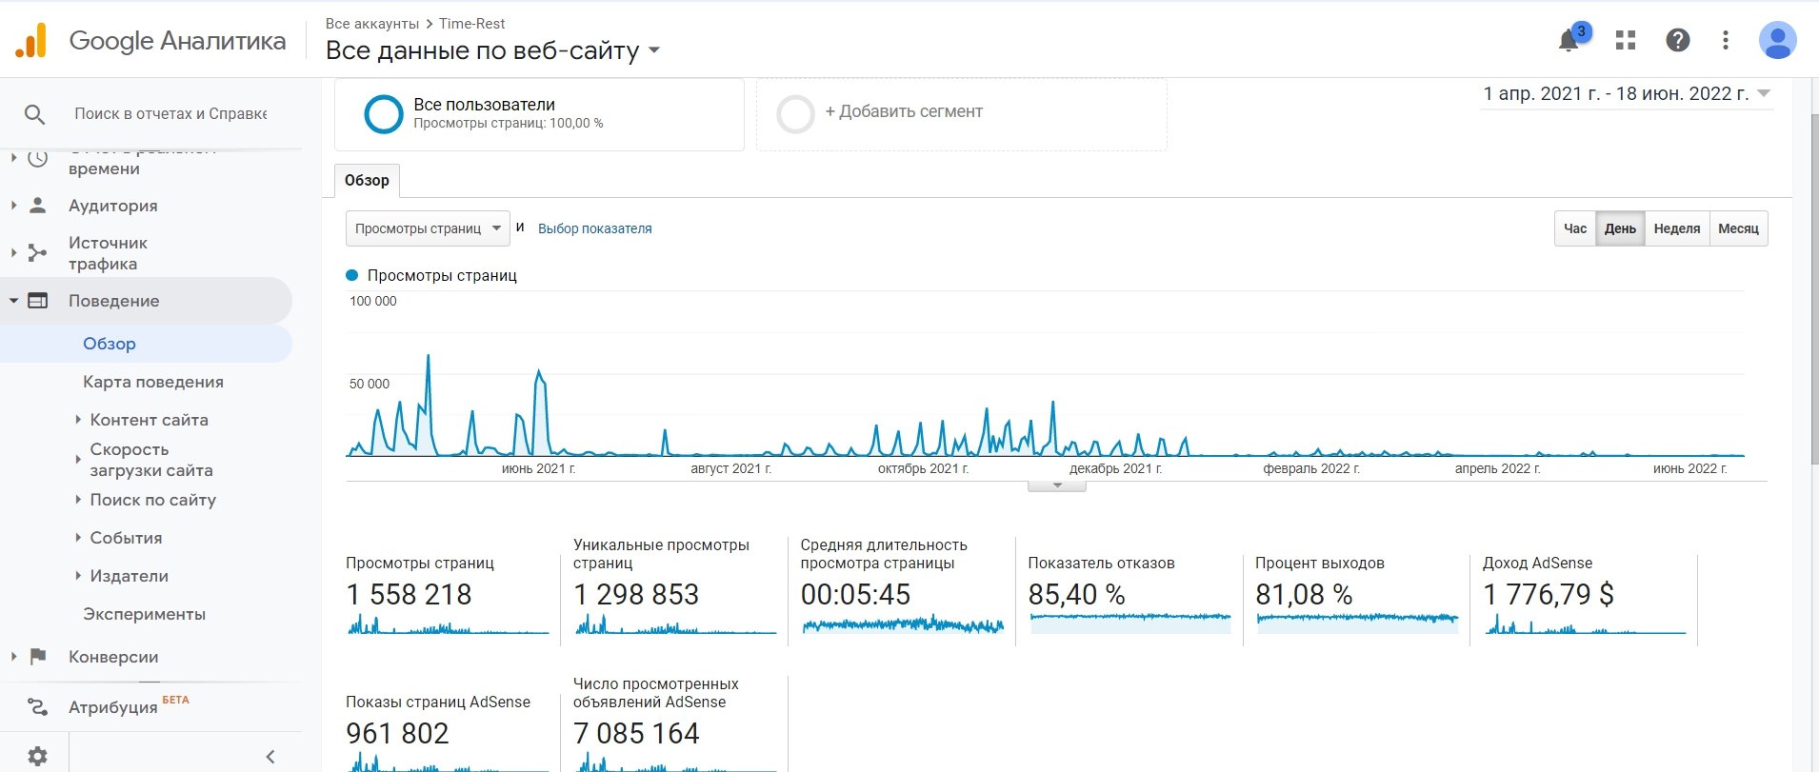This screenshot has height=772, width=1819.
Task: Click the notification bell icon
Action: click(1569, 41)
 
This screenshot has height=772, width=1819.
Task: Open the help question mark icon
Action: click(1677, 40)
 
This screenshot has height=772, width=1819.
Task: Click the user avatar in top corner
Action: click(1776, 40)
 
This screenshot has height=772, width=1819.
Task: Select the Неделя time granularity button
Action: click(1676, 228)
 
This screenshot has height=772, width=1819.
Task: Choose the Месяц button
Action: click(1738, 228)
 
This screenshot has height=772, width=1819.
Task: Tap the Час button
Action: click(1575, 228)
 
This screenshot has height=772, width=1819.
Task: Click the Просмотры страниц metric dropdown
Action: click(428, 228)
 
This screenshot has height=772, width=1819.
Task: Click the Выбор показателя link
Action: click(595, 228)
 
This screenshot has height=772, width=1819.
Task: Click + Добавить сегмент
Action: click(903, 112)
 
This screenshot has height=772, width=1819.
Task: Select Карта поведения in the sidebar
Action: click(153, 382)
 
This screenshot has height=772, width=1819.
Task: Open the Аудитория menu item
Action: click(113, 206)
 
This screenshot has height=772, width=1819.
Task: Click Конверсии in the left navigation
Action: click(113, 657)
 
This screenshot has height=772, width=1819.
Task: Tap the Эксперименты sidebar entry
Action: click(144, 614)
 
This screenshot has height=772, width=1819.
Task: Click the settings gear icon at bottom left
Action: click(37, 756)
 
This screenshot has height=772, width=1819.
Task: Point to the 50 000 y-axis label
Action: click(370, 384)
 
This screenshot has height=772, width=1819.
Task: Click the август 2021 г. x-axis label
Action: click(730, 468)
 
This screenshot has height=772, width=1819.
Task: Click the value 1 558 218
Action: click(409, 595)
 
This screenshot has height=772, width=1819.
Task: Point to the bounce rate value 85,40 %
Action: click(1076, 595)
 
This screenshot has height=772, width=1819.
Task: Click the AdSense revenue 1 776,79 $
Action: click(1548, 595)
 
